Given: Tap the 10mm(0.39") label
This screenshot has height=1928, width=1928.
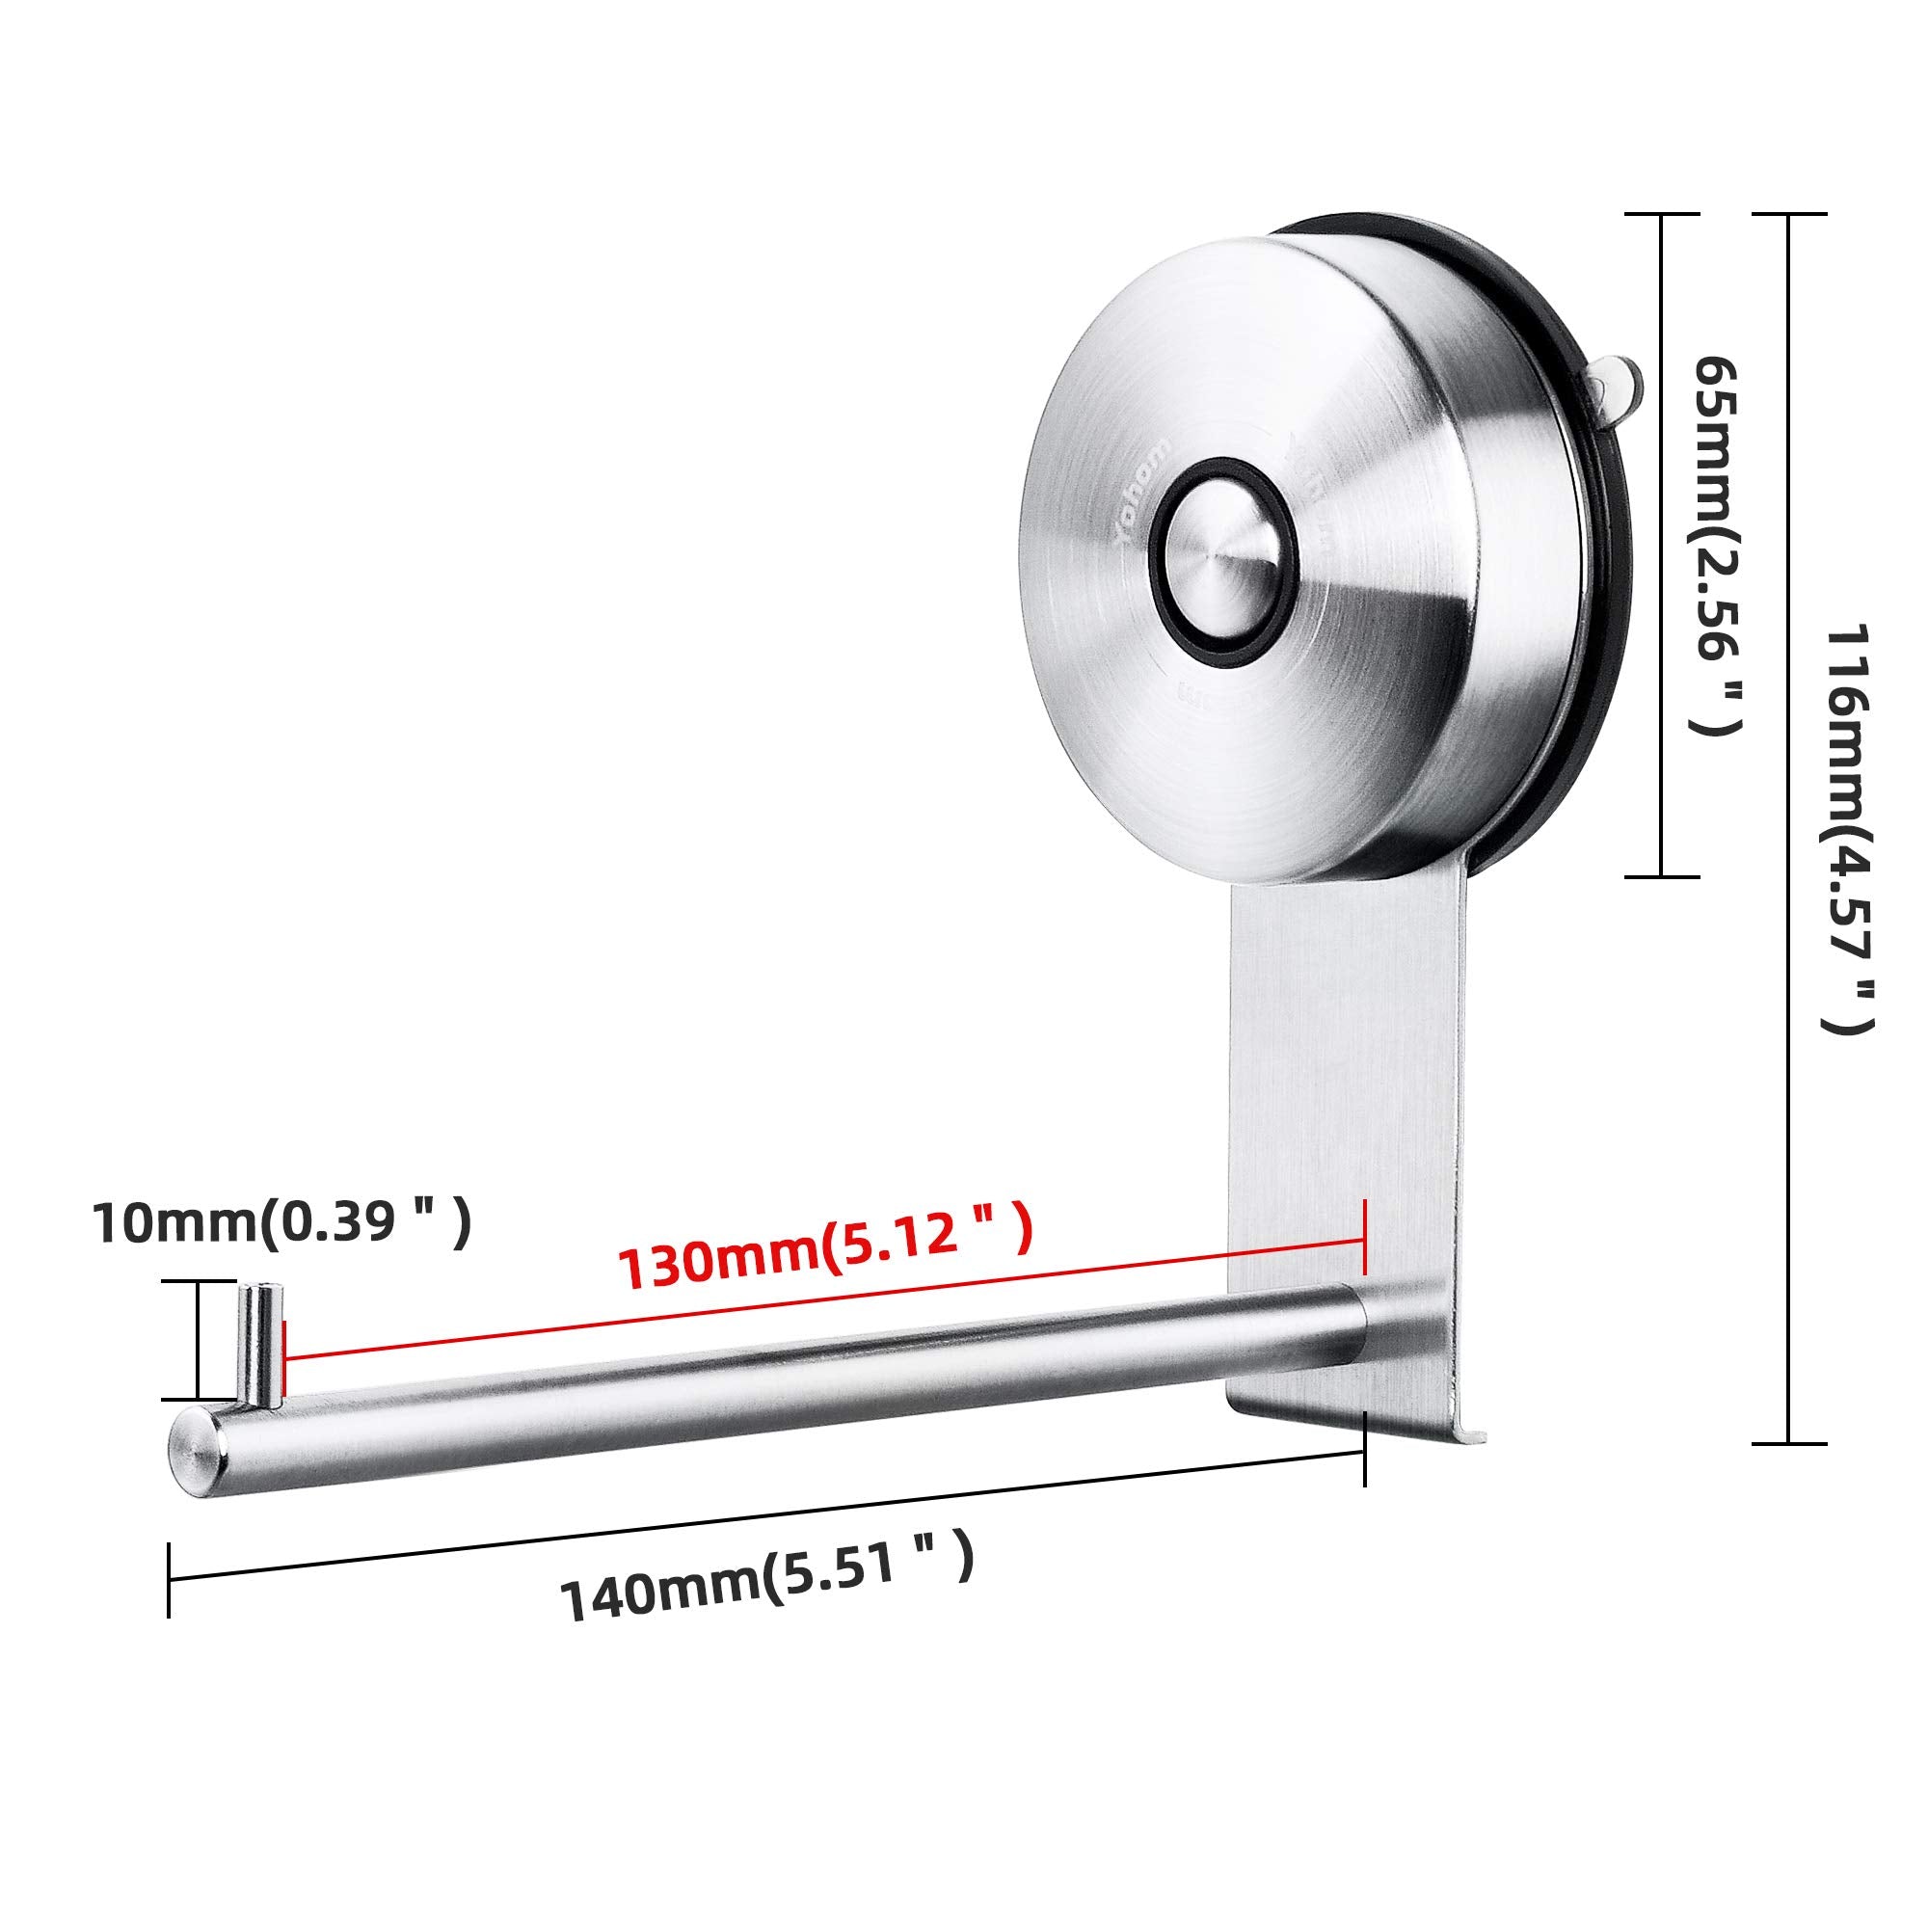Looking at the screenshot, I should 281,1222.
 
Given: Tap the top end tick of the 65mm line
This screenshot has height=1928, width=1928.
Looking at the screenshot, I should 1662,215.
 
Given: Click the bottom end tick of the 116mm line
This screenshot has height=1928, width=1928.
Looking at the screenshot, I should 1788,1443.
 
